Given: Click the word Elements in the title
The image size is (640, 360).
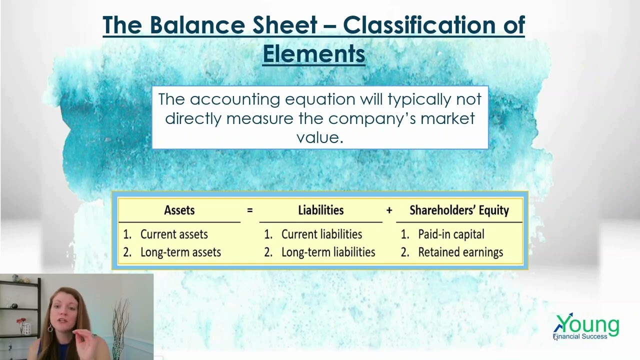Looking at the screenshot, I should click(x=313, y=54).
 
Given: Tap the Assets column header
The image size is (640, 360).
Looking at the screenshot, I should click(x=179, y=210).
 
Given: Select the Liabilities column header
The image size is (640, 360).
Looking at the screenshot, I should click(x=320, y=210).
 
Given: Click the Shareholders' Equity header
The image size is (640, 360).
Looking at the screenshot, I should click(x=459, y=210).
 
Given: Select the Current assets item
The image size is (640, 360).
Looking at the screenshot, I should click(x=173, y=234).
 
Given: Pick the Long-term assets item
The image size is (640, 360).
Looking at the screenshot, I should click(x=180, y=252).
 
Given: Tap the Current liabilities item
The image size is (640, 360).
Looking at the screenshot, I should click(x=321, y=234).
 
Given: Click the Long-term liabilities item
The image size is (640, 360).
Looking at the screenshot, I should click(x=327, y=252).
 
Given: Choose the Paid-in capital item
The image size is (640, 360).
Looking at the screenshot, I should click(x=451, y=234).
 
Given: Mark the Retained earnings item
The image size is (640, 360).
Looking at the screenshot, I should click(x=460, y=252).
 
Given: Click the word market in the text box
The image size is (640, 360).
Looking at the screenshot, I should click(x=447, y=118).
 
